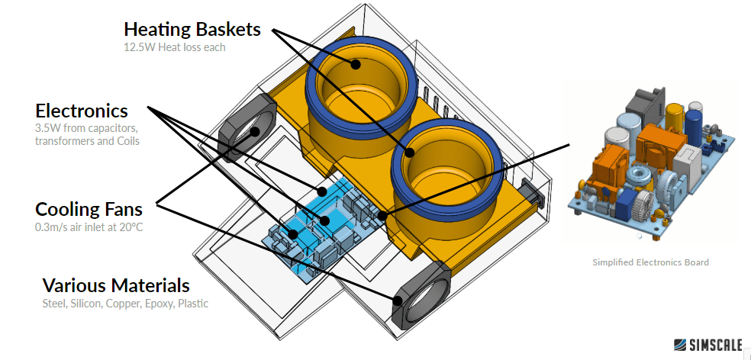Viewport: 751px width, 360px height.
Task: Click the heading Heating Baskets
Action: click(192, 30)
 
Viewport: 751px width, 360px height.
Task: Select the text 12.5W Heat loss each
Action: click(175, 47)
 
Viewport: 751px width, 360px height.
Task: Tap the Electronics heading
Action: click(82, 111)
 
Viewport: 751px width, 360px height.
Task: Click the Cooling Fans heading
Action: click(89, 209)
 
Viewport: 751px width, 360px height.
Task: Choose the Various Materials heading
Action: click(115, 286)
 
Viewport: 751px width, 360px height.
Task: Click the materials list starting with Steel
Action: click(124, 304)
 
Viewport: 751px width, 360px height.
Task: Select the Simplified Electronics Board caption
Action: click(650, 262)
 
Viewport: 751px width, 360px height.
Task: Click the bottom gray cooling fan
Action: click(418, 298)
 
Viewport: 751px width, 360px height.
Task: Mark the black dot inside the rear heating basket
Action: click(356, 64)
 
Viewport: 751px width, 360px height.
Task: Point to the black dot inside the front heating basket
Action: click(409, 153)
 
